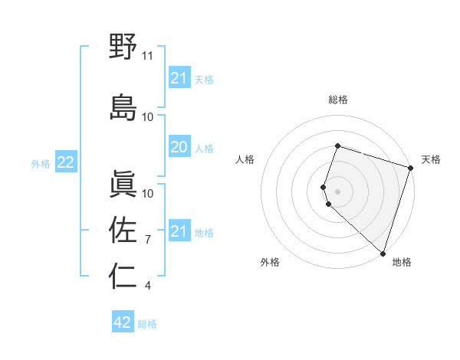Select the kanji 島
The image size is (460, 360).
pos(123,106)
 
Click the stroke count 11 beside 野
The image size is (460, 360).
pos(148,56)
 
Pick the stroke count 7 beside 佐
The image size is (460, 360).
pos(149,240)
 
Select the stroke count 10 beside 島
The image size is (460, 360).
pos(148,116)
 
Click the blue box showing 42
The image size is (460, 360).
pos(123,322)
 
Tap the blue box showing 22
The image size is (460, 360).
pos(66,162)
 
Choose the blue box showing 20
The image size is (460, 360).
pos(179,147)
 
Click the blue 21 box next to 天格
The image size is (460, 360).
pos(179,78)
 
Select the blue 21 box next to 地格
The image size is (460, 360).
pos(179,231)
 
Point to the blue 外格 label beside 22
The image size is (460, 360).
pos(41,163)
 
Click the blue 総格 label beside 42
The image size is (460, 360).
pos(147,324)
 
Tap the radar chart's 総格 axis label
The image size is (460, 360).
pos(337,100)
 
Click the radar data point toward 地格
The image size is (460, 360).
pos(383,253)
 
